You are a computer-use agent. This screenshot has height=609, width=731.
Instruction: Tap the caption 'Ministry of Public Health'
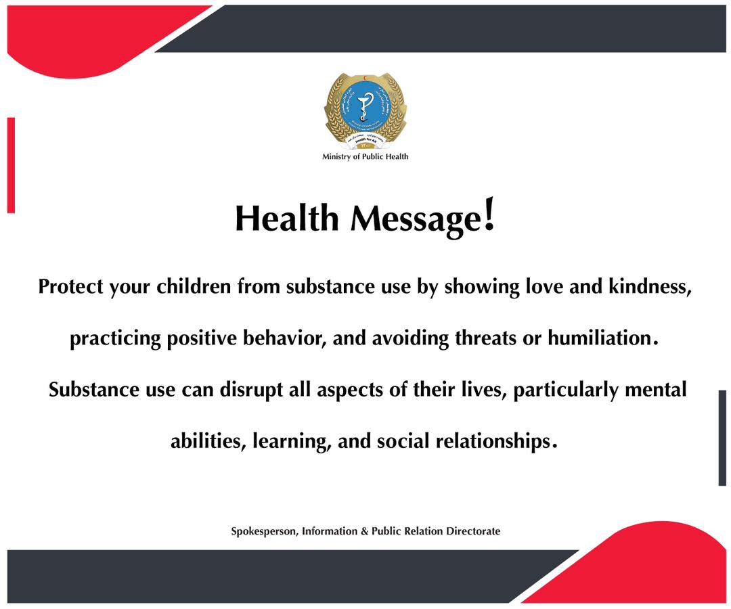click(365, 157)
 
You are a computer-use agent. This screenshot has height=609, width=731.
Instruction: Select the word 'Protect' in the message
click(71, 286)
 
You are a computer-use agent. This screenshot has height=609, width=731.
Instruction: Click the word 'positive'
click(206, 338)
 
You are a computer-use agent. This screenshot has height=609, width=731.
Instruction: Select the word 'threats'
click(487, 338)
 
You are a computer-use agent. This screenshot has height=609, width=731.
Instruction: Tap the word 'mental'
click(655, 390)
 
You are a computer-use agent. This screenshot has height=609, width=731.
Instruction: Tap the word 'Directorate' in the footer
click(473, 532)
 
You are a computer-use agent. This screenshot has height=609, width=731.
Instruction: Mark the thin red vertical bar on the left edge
click(11, 165)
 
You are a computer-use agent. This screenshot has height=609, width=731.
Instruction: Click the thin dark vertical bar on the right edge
click(722, 438)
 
